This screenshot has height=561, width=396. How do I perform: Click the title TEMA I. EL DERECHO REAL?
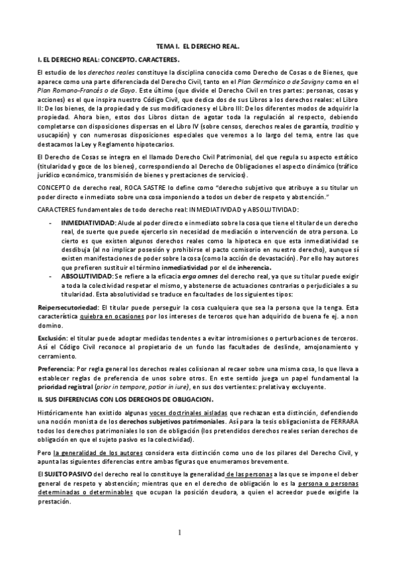(197, 48)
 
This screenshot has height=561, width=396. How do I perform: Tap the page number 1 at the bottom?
(198, 533)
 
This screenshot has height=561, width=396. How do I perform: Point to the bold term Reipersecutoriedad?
(68, 309)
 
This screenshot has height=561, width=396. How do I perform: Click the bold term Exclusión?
(52, 337)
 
